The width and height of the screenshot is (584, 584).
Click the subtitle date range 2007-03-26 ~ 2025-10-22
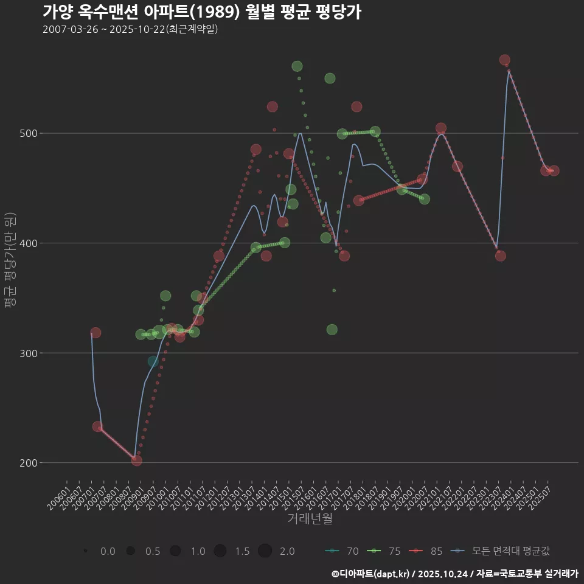tap(130, 29)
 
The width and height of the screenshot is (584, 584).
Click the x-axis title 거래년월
tap(310, 519)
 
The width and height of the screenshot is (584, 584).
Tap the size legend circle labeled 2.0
tap(265, 551)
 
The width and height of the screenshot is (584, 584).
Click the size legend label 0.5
tap(153, 551)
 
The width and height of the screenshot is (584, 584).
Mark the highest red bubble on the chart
tap(504, 60)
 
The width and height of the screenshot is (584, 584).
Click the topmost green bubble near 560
tap(297, 66)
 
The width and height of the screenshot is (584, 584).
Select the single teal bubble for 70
tap(153, 361)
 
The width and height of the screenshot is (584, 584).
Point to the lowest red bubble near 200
tap(137, 461)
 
